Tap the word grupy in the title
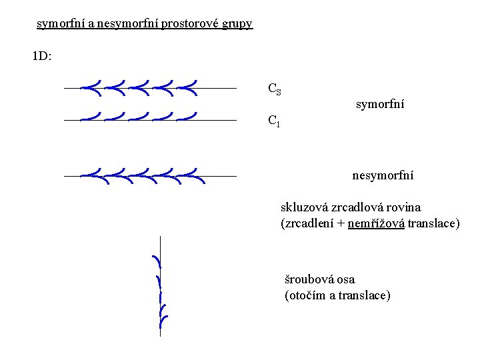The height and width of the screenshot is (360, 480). coord(238,24)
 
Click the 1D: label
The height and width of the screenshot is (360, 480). coord(42,56)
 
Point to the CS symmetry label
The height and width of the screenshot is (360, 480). coord(274,89)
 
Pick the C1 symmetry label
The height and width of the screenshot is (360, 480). coord(273,121)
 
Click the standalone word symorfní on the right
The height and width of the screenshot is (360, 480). coord(380,104)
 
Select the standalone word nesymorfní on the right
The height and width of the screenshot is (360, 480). coord(383,175)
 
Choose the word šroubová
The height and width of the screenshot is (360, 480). coord(311,279)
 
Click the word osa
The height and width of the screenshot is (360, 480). coord(347,279)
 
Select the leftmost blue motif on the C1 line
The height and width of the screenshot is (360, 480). coord(91,117)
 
